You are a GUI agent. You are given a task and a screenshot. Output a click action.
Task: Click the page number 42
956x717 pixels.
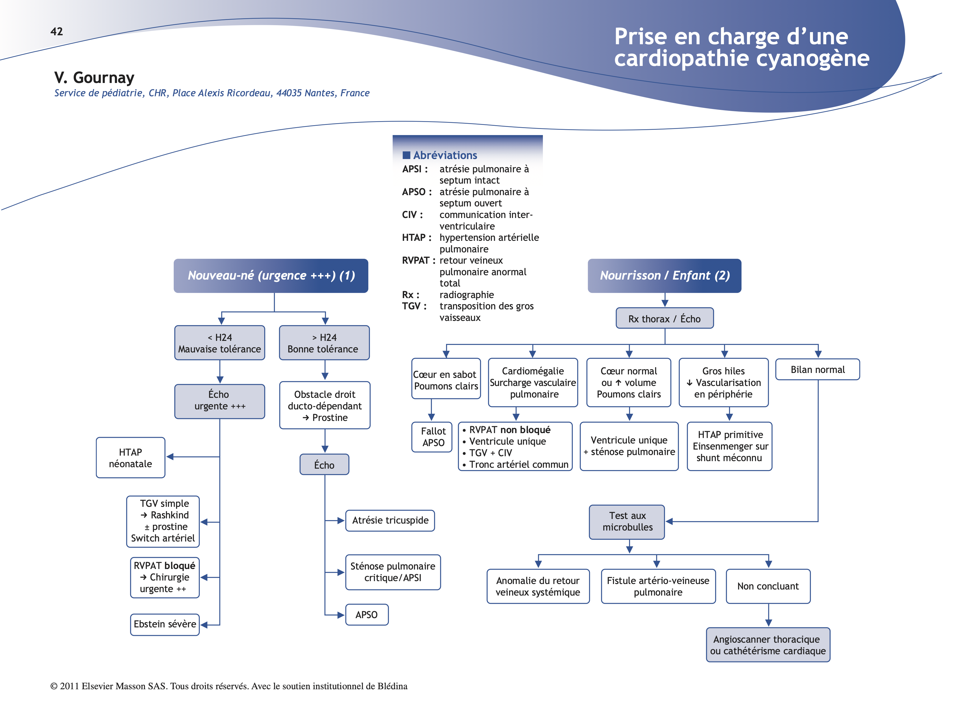pos(57,32)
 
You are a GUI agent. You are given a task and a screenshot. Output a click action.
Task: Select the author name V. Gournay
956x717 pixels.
pos(94,78)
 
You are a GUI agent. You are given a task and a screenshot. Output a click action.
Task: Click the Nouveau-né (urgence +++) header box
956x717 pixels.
pos(271,276)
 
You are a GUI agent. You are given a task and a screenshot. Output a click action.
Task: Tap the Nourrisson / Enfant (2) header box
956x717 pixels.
pos(664,276)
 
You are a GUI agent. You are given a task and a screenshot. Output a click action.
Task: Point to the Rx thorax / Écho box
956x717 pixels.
pos(664,319)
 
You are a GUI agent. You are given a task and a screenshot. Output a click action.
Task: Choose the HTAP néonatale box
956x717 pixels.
pos(130,458)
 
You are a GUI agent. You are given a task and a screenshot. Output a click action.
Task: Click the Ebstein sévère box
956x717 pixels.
pos(165,624)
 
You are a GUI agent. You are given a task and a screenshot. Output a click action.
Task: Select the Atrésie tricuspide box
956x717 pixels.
pos(390,520)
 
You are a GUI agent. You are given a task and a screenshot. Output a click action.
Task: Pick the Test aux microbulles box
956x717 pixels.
pos(627,522)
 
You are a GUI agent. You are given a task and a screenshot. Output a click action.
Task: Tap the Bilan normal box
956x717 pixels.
pos(817,369)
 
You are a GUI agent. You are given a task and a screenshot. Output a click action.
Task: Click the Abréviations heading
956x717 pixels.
pos(445,155)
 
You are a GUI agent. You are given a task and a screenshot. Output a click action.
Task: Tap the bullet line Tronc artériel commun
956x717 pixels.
pos(519,465)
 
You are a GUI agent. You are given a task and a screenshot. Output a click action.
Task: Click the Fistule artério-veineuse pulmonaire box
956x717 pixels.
pos(658,586)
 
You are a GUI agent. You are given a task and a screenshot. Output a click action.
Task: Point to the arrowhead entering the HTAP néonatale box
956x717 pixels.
pos(170,457)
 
